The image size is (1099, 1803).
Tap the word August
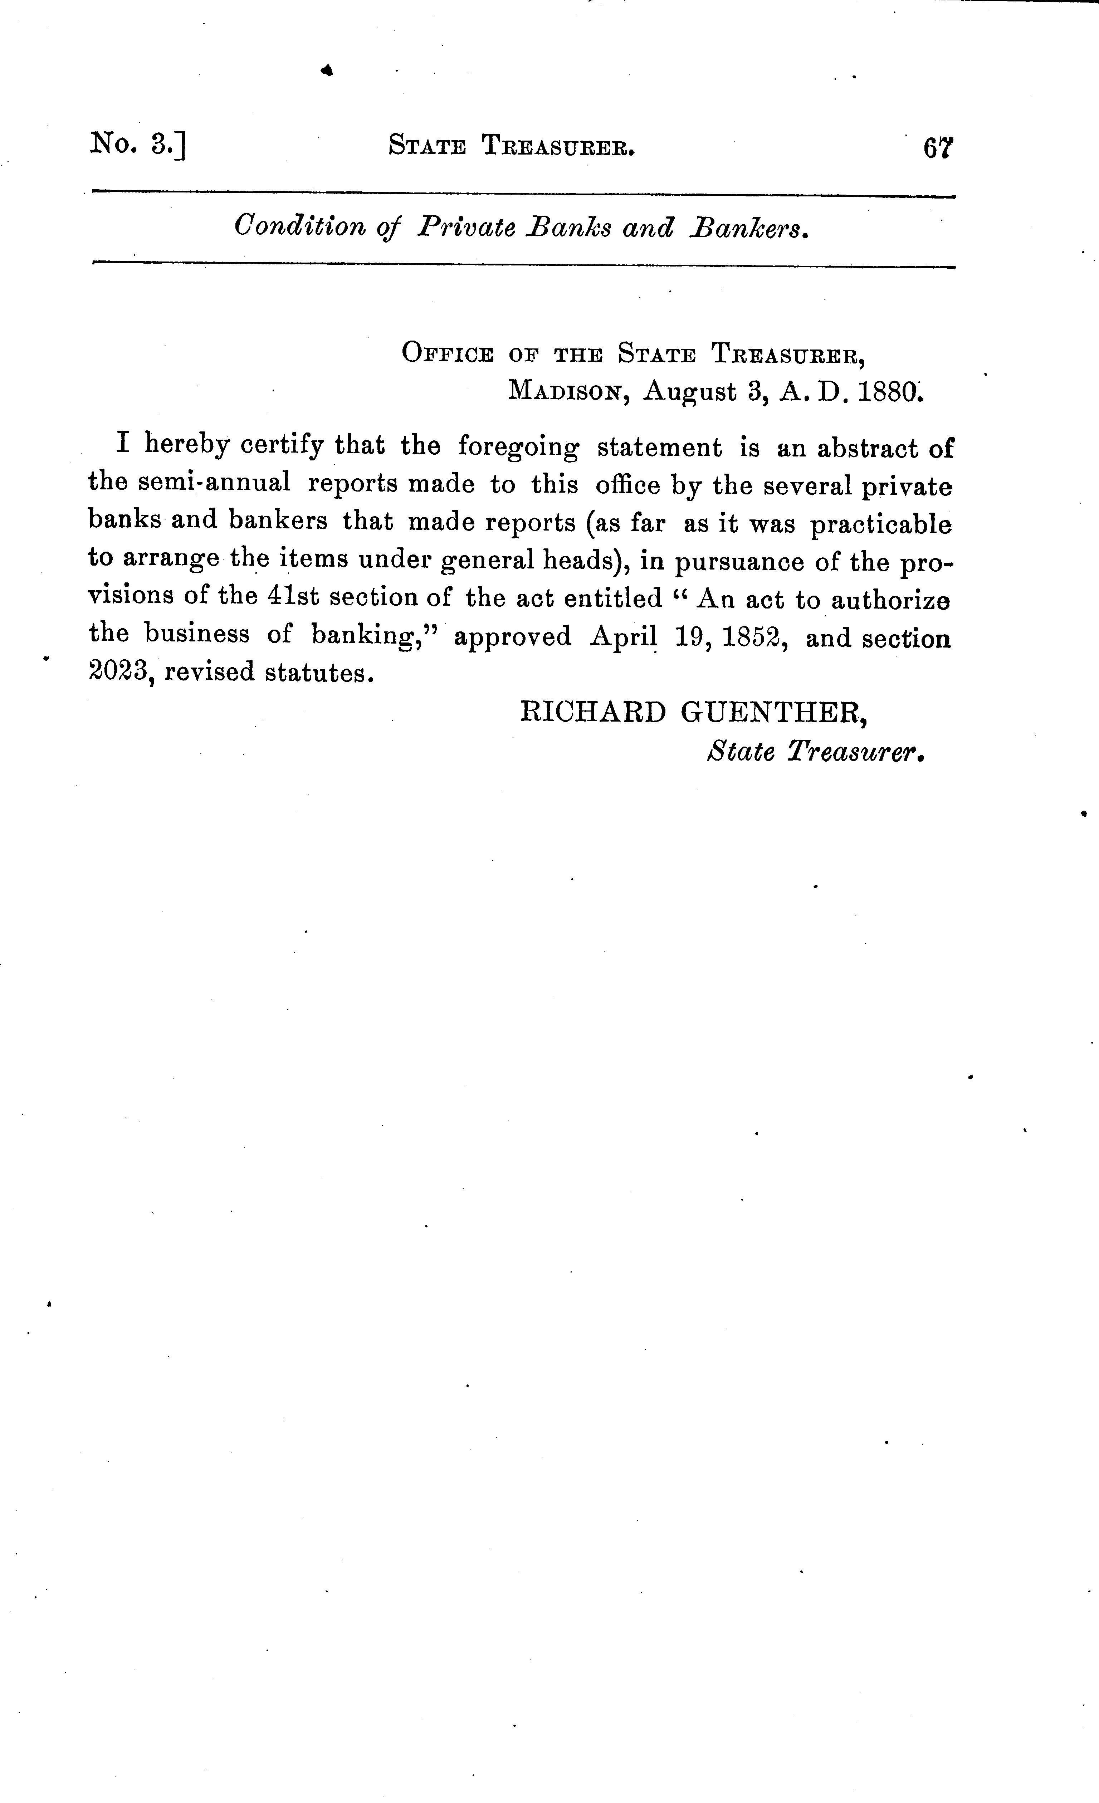click(689, 392)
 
